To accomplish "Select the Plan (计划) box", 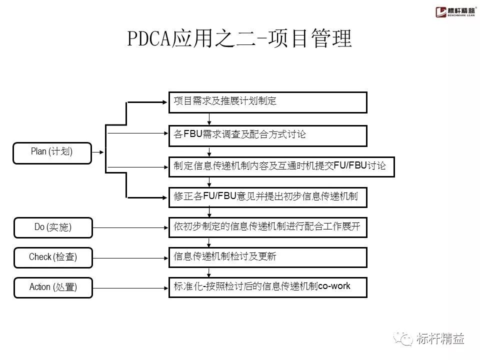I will (52, 152).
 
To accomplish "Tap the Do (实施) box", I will (53, 227).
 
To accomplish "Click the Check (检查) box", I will (53, 257).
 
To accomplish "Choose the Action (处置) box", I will (53, 287).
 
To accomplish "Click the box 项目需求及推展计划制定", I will (267, 102).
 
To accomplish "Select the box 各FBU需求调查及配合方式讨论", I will (267, 135).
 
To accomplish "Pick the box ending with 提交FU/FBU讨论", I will (281, 166).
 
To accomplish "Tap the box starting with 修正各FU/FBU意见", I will (267, 196).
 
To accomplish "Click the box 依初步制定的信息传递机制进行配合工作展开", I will (267, 227).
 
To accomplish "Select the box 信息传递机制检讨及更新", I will (267, 257).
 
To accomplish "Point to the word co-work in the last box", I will (334, 286).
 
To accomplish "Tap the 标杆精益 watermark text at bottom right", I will (440, 339).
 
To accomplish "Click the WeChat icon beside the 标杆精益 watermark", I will (403, 339).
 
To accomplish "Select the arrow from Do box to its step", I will (130, 227).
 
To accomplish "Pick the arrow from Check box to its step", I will (130, 257).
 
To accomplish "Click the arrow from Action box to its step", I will (130, 287).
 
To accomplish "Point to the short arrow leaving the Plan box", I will (99, 152).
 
